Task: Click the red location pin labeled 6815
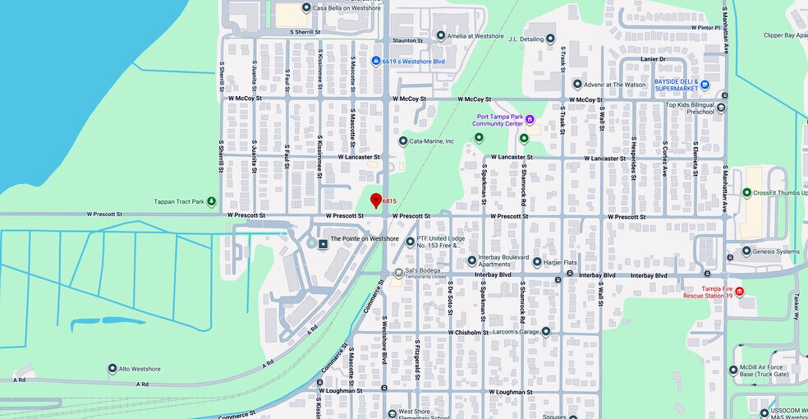pos(376,200)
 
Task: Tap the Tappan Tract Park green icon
pos(211,201)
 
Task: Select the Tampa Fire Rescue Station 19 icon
pos(739,292)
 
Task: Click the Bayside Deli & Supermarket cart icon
pos(705,84)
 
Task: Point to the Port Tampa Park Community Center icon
pos(530,120)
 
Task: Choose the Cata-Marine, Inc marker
pos(403,141)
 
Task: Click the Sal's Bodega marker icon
pos(398,272)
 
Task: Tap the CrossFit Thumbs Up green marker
pos(746,192)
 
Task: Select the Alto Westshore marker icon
pos(112,369)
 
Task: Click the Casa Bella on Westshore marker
pos(306,7)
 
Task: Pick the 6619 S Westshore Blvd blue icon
pos(376,61)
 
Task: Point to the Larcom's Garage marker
pos(546,332)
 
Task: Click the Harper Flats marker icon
pos(537,263)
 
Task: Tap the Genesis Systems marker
pos(746,251)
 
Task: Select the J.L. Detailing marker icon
pos(550,38)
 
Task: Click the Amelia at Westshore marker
pos(441,35)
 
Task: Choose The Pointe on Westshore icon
pos(323,245)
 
